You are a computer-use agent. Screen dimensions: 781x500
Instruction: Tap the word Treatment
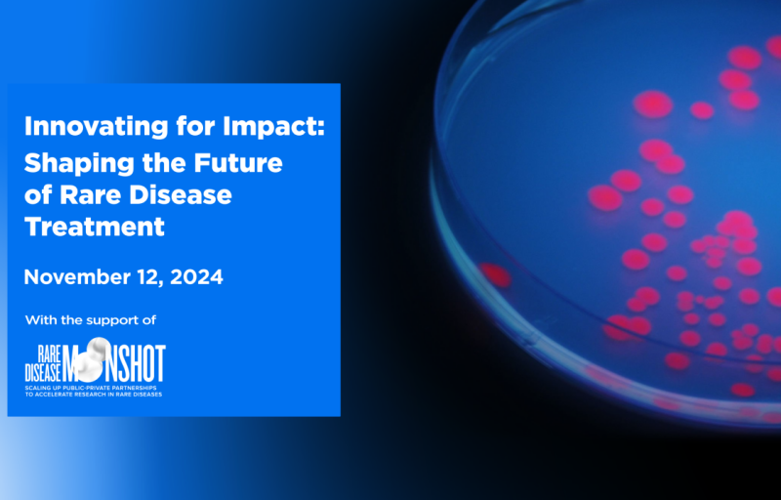pos(95,228)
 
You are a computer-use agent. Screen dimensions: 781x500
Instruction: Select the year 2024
pos(197,277)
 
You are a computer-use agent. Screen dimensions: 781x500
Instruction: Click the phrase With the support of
pos(91,319)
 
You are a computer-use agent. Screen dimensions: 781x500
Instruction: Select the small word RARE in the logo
pos(50,354)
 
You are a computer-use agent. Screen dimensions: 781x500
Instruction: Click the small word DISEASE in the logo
pos(43,373)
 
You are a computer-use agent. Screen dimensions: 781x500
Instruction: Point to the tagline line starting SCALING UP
pos(91,388)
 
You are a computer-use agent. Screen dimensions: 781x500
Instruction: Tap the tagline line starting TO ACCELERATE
pos(94,395)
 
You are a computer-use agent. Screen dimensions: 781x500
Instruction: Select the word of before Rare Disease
pos(38,195)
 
